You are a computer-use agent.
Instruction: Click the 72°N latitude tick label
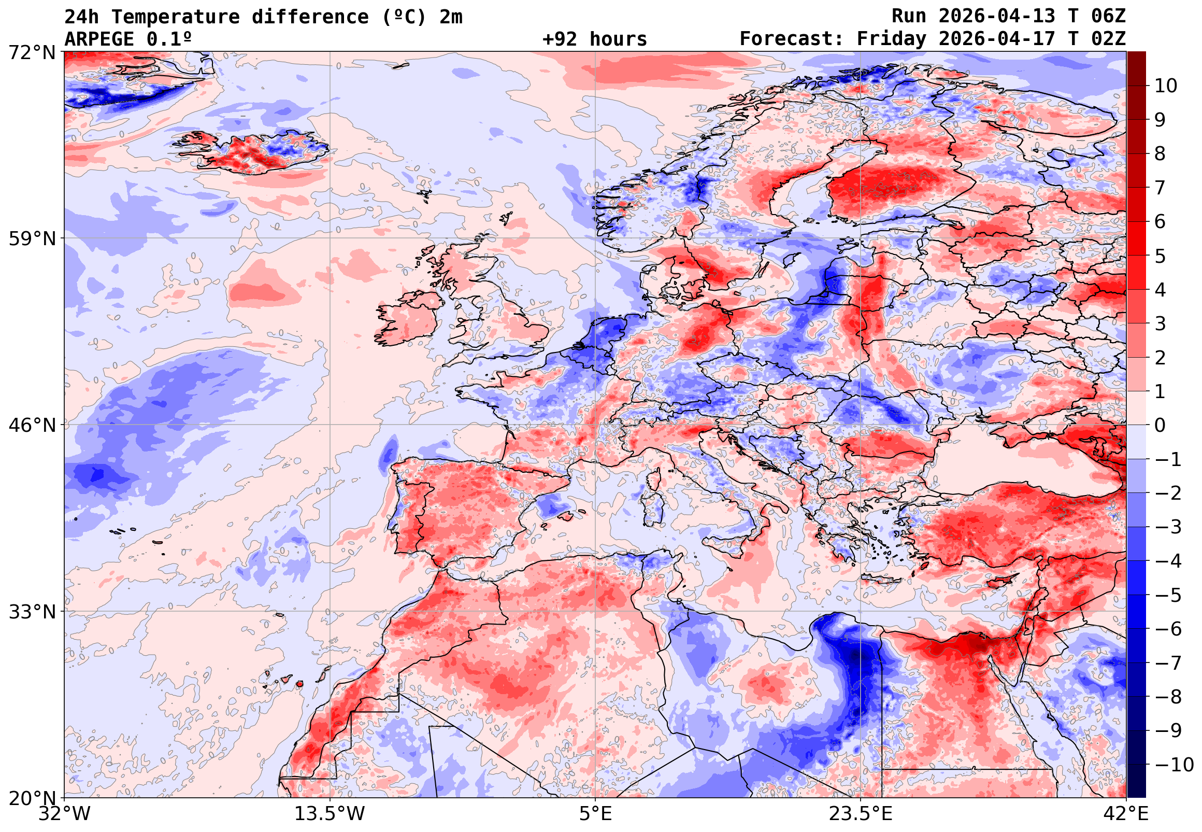pos(31,52)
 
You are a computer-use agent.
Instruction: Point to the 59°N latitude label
pos(31,239)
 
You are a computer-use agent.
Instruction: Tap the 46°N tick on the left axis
pos(31,426)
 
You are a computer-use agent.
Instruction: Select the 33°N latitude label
pos(31,612)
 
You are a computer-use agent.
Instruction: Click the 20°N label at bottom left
pos(31,798)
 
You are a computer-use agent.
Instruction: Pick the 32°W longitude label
pos(64,814)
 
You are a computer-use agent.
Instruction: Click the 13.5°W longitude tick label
pos(330,814)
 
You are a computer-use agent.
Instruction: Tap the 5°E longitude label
pos(595,814)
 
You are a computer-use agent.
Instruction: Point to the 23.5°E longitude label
pos(860,814)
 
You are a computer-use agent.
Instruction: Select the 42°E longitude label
pos(1126,814)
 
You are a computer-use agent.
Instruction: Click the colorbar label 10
pos(1166,86)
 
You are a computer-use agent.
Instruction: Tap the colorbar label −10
pos(1174,765)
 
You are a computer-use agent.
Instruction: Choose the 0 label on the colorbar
pos(1160,426)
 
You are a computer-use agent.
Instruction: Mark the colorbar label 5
pos(1160,257)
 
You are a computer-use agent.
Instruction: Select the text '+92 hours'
pos(594,39)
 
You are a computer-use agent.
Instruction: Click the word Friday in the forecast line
pos(892,39)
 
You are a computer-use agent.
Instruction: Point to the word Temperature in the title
pos(176,17)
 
